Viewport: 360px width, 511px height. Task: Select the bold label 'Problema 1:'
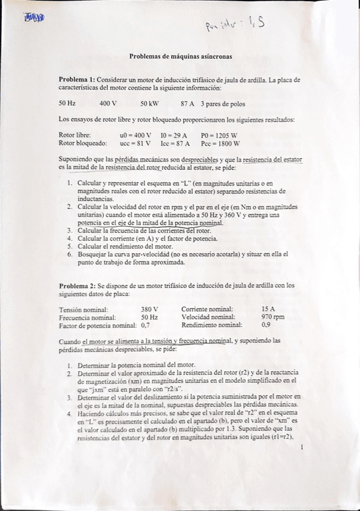click(x=76, y=80)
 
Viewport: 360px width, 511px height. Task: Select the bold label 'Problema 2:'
click(x=76, y=285)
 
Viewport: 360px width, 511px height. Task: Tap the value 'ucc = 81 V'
click(x=135, y=143)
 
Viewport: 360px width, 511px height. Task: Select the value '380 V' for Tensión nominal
click(x=149, y=309)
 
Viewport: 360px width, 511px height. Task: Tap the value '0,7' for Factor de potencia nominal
click(x=144, y=324)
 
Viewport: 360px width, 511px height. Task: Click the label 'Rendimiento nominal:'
click(x=208, y=324)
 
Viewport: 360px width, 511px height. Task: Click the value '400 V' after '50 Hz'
click(x=108, y=103)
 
